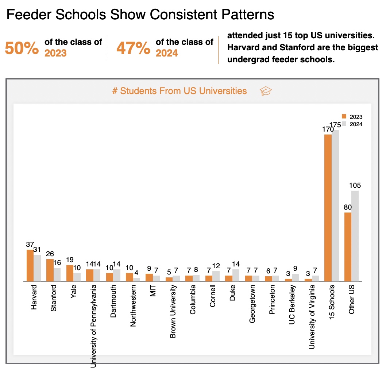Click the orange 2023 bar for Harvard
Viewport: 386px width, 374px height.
pyautogui.click(x=30, y=265)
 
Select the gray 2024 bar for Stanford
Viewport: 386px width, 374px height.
pyautogui.click(x=57, y=274)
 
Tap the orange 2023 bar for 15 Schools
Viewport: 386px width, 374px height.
pyautogui.click(x=328, y=208)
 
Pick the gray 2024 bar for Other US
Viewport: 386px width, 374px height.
pyautogui.click(x=355, y=236)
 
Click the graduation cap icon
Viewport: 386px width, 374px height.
pyautogui.click(x=266, y=91)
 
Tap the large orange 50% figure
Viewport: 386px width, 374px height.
pyautogui.click(x=22, y=48)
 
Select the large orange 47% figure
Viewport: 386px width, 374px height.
pyautogui.click(x=133, y=48)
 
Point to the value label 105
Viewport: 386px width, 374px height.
pyautogui.click(x=355, y=186)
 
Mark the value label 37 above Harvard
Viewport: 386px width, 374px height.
pyautogui.click(x=30, y=244)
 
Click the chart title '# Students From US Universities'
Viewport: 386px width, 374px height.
pyautogui.click(x=180, y=91)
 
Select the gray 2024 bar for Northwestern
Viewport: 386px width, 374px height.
pyautogui.click(x=136, y=280)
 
